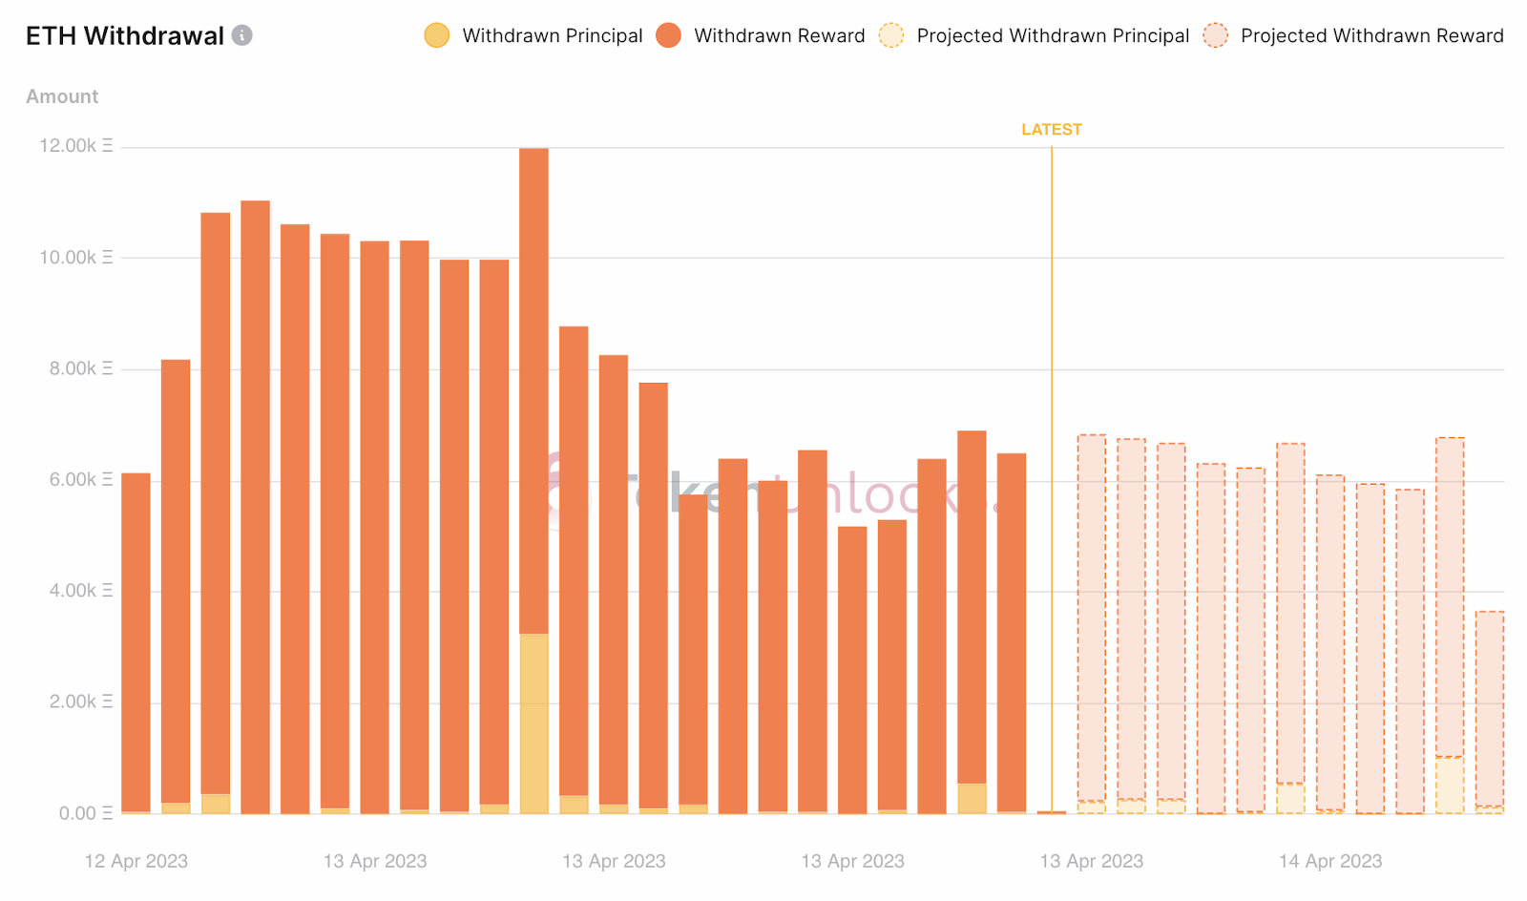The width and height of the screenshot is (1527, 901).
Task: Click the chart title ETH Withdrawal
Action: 124,36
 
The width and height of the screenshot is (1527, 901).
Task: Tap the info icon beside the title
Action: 242,35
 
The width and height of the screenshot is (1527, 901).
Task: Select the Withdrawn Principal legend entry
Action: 534,36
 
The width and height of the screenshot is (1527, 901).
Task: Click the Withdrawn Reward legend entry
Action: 763,36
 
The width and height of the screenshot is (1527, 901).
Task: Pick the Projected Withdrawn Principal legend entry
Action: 1035,36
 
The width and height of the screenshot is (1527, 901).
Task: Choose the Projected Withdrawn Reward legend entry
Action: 1355,36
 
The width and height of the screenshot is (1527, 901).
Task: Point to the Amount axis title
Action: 62,96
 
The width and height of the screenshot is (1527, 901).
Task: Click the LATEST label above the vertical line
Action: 1051,130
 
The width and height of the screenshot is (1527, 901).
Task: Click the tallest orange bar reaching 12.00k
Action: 533,382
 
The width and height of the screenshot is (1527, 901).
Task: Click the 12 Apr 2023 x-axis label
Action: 136,861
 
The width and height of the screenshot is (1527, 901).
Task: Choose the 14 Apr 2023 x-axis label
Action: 1329,861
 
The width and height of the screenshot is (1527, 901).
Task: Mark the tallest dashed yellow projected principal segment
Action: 1449,785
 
